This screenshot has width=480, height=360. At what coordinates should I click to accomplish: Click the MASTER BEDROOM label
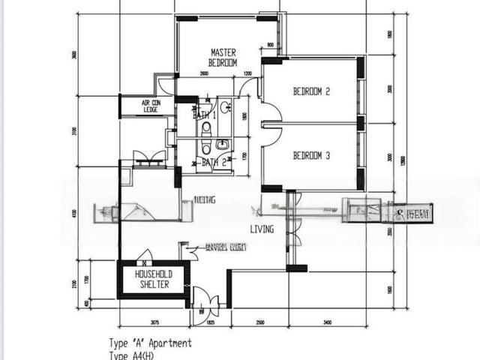(223, 58)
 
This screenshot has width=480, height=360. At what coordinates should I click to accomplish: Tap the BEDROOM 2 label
(311, 91)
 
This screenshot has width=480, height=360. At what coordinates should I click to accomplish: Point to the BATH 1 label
(204, 115)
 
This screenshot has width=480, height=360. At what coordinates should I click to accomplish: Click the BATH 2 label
(213, 162)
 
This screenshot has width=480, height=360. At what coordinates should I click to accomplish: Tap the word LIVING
(262, 229)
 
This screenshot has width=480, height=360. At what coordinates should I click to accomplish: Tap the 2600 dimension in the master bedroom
(204, 73)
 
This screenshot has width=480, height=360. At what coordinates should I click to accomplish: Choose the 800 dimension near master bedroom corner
(270, 45)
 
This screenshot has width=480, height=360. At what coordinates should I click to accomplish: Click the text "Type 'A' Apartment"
(150, 343)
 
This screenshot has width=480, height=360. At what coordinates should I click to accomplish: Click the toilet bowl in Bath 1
(206, 129)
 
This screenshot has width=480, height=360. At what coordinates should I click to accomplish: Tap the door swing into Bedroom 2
(271, 112)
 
